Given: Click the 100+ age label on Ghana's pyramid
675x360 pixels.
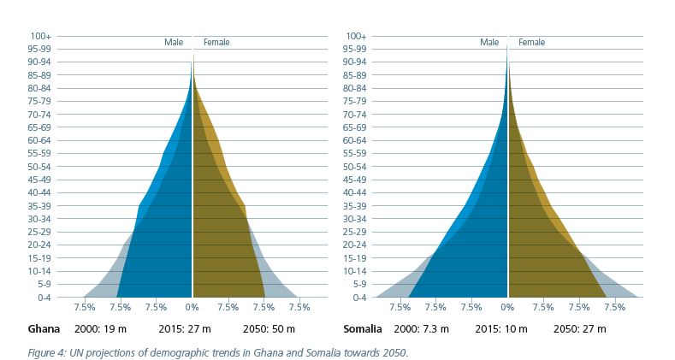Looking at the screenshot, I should pos(41,36).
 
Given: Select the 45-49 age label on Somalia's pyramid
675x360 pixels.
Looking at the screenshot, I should pos(356,180).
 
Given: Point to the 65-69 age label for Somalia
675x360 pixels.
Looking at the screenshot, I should pos(356,127).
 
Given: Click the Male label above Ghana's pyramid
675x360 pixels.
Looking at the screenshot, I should pos(174,42).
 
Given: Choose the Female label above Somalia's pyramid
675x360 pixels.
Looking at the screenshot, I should pos(531,42).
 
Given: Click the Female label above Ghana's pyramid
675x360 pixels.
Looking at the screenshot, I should pos(216,42).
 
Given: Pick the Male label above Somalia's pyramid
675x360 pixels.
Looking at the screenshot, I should pos(488,42).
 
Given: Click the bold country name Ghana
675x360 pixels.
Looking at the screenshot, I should pos(44,329).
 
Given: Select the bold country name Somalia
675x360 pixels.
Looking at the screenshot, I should pos(362,329).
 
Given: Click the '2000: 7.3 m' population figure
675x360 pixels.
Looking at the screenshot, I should pos(420,329).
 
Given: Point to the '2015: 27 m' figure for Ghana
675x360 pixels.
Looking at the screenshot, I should pos(185,329).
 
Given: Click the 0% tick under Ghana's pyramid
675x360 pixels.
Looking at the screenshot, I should pos(192,306).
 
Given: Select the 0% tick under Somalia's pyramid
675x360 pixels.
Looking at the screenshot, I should pos(507,306).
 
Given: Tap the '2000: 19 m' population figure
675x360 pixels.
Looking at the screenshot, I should pos(101,329).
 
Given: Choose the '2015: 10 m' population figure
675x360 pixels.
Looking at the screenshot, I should pos(500,329).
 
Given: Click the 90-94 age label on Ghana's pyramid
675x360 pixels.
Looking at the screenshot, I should pos(41,62).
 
